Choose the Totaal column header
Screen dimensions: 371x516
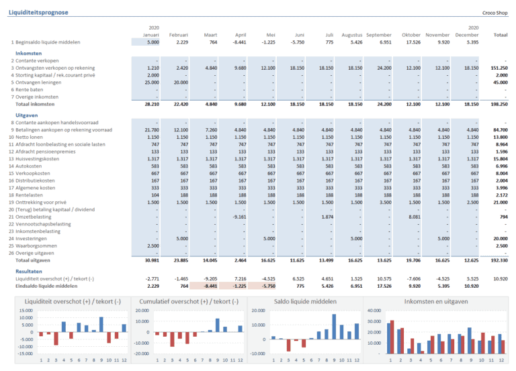click(499, 34)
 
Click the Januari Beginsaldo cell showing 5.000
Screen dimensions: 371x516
click(153, 42)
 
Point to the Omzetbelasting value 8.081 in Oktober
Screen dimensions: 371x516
click(412, 217)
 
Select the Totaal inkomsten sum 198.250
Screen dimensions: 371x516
click(498, 104)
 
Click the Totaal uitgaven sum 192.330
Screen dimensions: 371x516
click(498, 260)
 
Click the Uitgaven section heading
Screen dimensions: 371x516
click(26, 115)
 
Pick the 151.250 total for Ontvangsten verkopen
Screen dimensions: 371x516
click(498, 68)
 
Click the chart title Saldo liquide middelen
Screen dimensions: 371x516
click(305, 301)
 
